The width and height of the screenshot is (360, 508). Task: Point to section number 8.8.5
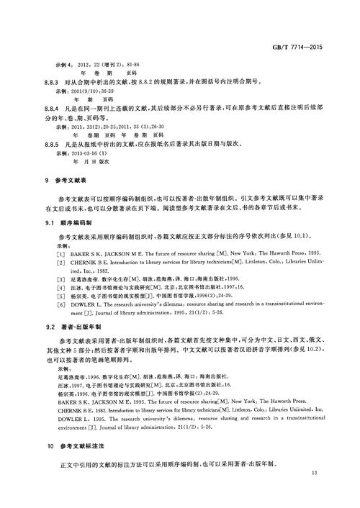click(x=54, y=145)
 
